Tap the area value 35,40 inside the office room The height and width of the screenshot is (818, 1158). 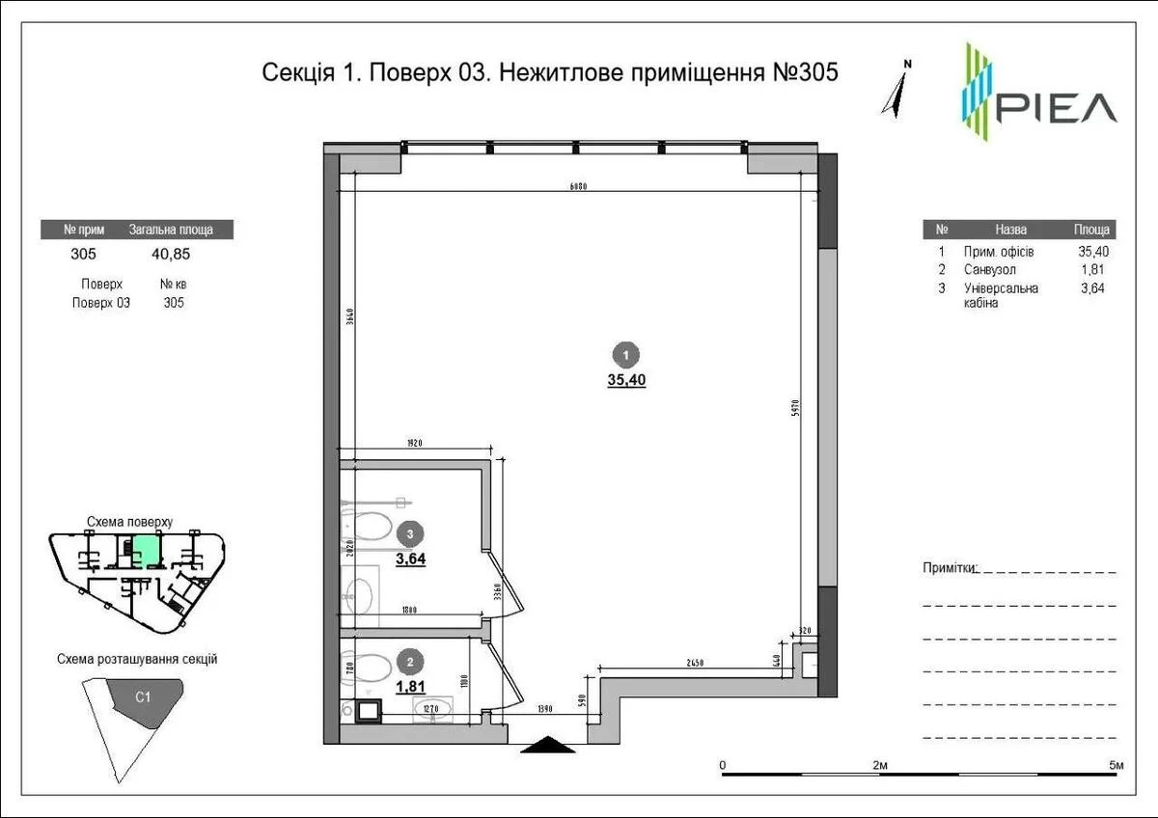[x=626, y=380]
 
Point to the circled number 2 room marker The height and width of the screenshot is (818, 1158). [x=411, y=662]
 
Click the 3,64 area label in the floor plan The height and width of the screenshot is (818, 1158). [x=410, y=557]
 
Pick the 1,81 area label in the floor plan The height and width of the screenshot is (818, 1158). [x=410, y=686]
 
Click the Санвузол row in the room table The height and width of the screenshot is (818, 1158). [x=989, y=270]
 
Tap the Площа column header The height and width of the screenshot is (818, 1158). [x=1092, y=230]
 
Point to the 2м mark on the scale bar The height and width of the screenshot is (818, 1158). [x=880, y=765]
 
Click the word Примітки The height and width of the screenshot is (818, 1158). [x=950, y=567]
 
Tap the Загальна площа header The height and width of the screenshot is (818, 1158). [x=171, y=230]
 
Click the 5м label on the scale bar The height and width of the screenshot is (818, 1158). [x=1116, y=765]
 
